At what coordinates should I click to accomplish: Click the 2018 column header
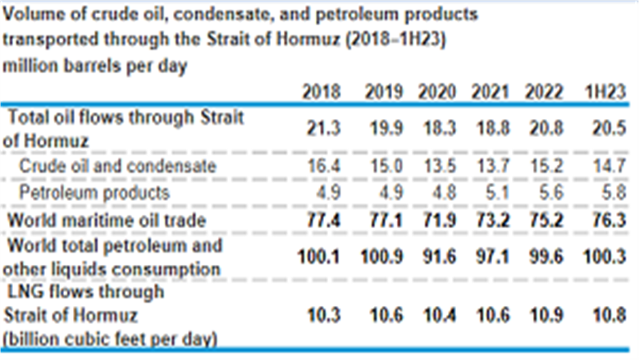point(321,92)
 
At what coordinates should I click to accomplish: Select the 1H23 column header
point(605,92)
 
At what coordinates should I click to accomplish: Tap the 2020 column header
point(437,92)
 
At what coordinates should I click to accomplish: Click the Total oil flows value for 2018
point(323,129)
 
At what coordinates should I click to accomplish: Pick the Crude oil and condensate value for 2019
point(386,166)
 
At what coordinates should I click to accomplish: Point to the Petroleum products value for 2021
point(497,192)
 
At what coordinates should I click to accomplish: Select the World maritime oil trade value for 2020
point(439,221)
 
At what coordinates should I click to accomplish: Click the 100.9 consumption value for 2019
point(381,257)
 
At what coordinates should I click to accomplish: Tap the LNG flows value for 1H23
point(609,315)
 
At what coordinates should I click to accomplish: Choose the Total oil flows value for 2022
point(546,129)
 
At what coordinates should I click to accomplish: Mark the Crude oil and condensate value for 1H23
point(609,166)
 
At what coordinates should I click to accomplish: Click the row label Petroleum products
point(94,192)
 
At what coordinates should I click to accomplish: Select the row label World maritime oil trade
point(107,221)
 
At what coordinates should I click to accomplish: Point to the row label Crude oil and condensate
point(117,166)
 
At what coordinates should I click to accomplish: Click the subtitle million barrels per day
point(94,66)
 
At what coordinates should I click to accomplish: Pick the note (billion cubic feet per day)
point(110,339)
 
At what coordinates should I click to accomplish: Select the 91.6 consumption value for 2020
point(439,257)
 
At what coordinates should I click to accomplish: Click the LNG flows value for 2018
point(323,315)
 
